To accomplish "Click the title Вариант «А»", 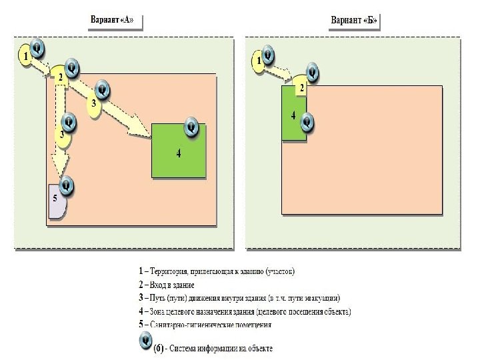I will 112,20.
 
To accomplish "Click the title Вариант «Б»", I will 354,20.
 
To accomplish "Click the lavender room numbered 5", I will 56,202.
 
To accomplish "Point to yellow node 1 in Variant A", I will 25,57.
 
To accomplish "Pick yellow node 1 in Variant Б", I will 258,62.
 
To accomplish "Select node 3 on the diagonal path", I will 94,104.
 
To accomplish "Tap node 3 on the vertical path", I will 62,134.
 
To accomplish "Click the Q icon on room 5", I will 66,184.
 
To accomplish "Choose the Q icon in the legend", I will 143,341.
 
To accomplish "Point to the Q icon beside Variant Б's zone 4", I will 307,122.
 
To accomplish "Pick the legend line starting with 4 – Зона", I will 244,311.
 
